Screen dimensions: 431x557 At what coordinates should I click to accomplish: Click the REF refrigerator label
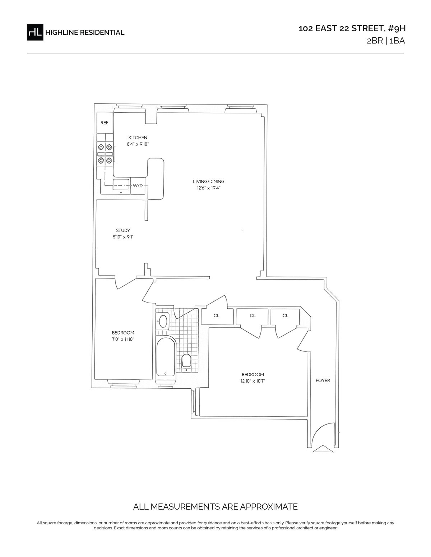104,123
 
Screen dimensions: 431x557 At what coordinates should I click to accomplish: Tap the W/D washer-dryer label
138,186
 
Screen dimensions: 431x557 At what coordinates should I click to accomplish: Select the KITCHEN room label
138,138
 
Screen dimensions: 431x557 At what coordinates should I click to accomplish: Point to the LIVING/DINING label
208,182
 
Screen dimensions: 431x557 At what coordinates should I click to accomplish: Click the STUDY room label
123,230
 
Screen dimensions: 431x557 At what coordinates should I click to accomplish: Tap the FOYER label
323,381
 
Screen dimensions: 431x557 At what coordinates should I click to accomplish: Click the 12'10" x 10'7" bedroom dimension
252,381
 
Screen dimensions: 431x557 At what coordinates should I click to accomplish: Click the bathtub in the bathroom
166,357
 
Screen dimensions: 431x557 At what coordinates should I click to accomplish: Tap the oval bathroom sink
163,321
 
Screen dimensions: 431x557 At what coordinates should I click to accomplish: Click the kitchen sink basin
121,184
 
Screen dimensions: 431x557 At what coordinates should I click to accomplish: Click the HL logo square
35,32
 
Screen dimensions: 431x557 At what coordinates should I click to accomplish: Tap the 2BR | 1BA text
386,41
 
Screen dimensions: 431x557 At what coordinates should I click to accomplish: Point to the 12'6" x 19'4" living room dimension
209,188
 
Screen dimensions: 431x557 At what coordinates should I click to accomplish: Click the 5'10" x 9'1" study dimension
123,237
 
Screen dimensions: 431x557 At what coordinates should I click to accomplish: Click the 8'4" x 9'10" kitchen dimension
138,144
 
